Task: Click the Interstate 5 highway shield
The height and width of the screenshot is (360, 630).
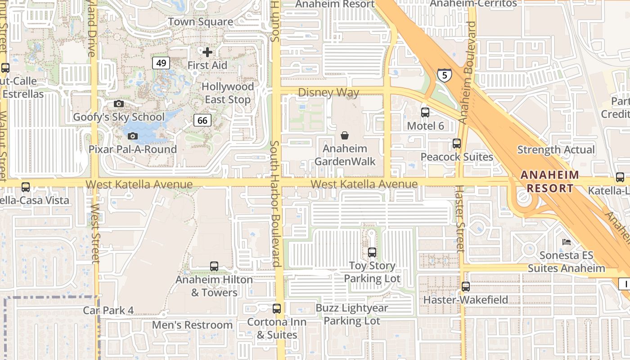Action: pyautogui.click(x=444, y=75)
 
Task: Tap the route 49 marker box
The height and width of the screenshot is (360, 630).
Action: pyautogui.click(x=161, y=63)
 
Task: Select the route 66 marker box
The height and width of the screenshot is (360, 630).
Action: pyautogui.click(x=202, y=120)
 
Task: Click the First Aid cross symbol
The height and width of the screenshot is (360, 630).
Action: pyautogui.click(x=207, y=52)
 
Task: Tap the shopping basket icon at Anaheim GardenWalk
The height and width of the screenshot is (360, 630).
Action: pyautogui.click(x=345, y=135)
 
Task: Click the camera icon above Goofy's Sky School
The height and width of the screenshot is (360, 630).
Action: pyautogui.click(x=119, y=104)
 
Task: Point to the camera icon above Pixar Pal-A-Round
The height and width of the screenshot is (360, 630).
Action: pyautogui.click(x=132, y=136)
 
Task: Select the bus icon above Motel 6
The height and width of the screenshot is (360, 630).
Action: pyautogui.click(x=425, y=112)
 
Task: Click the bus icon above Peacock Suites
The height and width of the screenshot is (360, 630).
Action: pyautogui.click(x=457, y=144)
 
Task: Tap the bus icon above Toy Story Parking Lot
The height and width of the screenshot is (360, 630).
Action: pyautogui.click(x=372, y=252)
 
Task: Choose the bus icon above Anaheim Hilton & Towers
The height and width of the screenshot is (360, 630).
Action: pyautogui.click(x=214, y=266)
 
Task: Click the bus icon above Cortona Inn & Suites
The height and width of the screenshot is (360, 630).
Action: pyautogui.click(x=277, y=309)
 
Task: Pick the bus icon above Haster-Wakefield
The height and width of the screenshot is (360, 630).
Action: pyautogui.click(x=466, y=286)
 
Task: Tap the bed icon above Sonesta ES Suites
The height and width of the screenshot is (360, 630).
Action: pyautogui.click(x=567, y=242)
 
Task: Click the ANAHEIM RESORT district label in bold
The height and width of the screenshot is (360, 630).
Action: pyautogui.click(x=549, y=182)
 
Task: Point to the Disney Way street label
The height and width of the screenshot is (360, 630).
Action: pyautogui.click(x=328, y=93)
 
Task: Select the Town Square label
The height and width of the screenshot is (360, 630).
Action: pyautogui.click(x=201, y=22)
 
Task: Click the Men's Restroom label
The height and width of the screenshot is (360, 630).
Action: pyautogui.click(x=192, y=325)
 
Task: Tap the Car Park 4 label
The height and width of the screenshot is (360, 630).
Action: pyautogui.click(x=108, y=310)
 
